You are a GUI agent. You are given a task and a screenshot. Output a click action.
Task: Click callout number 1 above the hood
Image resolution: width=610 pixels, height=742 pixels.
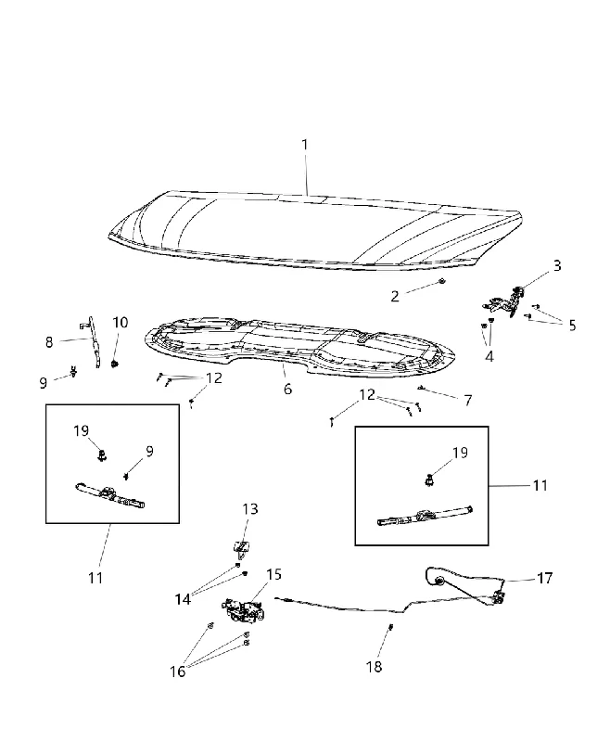click(x=304, y=145)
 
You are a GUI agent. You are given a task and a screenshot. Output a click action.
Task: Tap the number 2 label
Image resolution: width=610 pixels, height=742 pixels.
click(x=395, y=296)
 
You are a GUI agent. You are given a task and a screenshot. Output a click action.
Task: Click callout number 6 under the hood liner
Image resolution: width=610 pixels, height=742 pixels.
click(x=287, y=389)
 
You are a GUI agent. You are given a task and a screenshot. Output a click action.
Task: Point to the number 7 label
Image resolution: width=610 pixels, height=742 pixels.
click(x=467, y=401)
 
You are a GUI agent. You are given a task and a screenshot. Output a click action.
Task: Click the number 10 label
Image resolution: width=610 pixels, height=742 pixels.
click(x=121, y=323)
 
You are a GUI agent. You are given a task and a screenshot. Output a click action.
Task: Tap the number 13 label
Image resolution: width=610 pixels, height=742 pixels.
click(x=250, y=509)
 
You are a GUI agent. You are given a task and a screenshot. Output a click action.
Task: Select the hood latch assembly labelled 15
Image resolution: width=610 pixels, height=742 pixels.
click(x=243, y=610)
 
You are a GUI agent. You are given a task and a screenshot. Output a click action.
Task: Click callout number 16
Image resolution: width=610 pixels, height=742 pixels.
click(x=178, y=672)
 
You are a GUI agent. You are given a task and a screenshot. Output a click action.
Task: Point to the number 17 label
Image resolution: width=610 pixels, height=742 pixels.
click(x=545, y=578)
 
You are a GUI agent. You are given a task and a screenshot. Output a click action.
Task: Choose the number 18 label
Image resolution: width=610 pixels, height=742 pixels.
click(x=374, y=667)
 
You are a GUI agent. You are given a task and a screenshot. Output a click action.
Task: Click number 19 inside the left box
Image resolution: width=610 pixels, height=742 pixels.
click(x=81, y=430)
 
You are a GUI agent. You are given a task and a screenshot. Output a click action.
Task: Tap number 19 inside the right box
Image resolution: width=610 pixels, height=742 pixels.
click(x=460, y=453)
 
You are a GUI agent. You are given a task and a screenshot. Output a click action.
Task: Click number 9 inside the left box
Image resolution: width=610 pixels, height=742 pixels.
click(x=149, y=452)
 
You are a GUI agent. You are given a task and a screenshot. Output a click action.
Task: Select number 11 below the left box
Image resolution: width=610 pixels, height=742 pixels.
click(x=95, y=578)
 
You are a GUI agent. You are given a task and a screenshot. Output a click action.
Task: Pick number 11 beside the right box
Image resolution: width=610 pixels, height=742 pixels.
click(x=540, y=485)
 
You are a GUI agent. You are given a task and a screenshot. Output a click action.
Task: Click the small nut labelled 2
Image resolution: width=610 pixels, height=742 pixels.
click(x=441, y=282)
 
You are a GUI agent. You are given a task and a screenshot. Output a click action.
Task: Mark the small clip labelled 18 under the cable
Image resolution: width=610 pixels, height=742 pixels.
click(x=390, y=628)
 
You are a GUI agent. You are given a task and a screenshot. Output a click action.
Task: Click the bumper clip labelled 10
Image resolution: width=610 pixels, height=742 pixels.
click(x=114, y=364)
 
